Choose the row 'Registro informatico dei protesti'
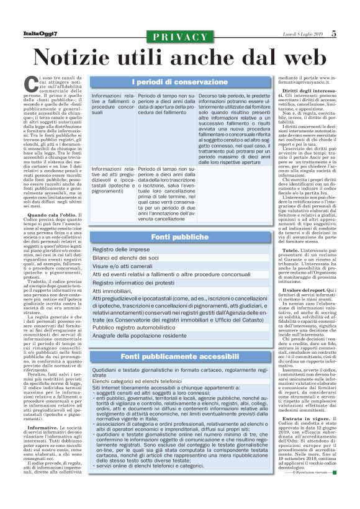click(132, 282)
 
